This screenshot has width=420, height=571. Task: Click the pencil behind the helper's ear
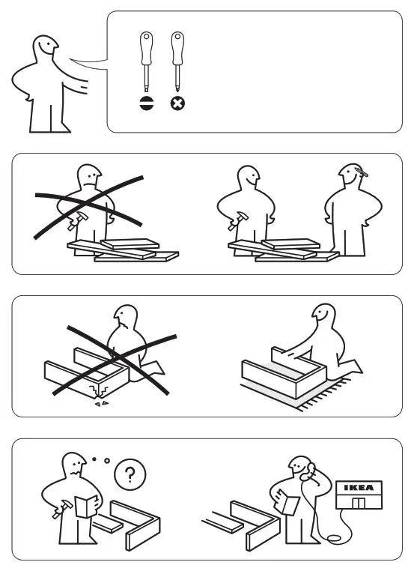(362, 172)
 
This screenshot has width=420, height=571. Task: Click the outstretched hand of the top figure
(82, 87)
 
